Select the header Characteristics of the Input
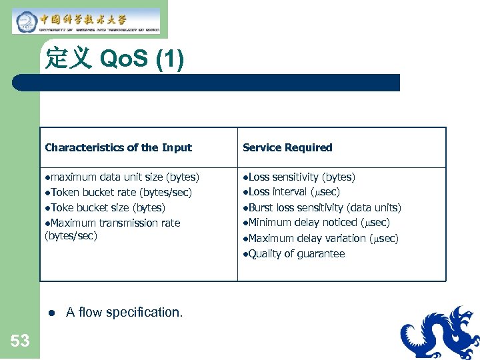[118, 147]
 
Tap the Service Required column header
[287, 147]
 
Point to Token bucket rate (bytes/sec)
[119, 193]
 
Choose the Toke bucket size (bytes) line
[105, 207]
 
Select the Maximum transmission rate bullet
[112, 223]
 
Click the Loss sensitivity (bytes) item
[299, 177]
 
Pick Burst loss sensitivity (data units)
[322, 207]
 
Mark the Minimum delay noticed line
[317, 223]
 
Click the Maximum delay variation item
[321, 238]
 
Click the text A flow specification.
[124, 312]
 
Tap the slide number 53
[20, 341]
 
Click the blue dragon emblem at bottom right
[440, 333]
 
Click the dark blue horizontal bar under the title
[207, 83]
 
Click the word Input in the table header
[177, 147]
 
